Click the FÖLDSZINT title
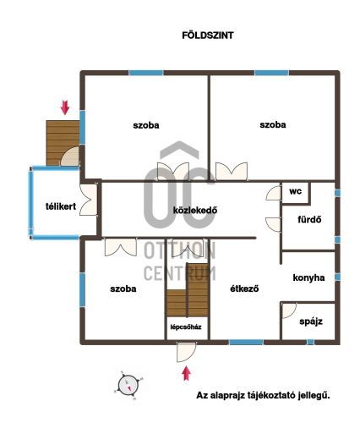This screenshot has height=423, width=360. [x=208, y=36]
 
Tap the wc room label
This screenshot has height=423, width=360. [x=295, y=191]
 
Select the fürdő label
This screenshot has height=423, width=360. [x=309, y=219]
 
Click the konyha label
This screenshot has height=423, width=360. [x=308, y=277]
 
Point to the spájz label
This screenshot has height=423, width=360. [x=311, y=321]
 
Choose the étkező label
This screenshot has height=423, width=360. [x=244, y=288]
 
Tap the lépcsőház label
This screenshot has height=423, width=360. [x=186, y=327]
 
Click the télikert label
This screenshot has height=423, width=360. [x=61, y=206]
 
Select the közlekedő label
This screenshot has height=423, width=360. [x=195, y=210]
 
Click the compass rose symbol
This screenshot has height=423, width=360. [x=128, y=386]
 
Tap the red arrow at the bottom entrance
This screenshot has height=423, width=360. [x=186, y=373]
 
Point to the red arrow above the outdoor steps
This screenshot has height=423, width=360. [x=65, y=107]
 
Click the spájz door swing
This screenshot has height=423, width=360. [x=289, y=310]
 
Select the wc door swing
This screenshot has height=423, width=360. [x=273, y=193]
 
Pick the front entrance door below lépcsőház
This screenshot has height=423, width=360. [x=186, y=351]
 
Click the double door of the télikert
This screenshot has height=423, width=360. [x=89, y=200]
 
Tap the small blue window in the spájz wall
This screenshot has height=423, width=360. [x=310, y=342]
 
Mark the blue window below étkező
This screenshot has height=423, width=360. [x=246, y=342]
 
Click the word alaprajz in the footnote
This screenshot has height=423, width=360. [x=226, y=395]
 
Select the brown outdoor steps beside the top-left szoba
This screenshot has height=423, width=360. [x=63, y=143]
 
